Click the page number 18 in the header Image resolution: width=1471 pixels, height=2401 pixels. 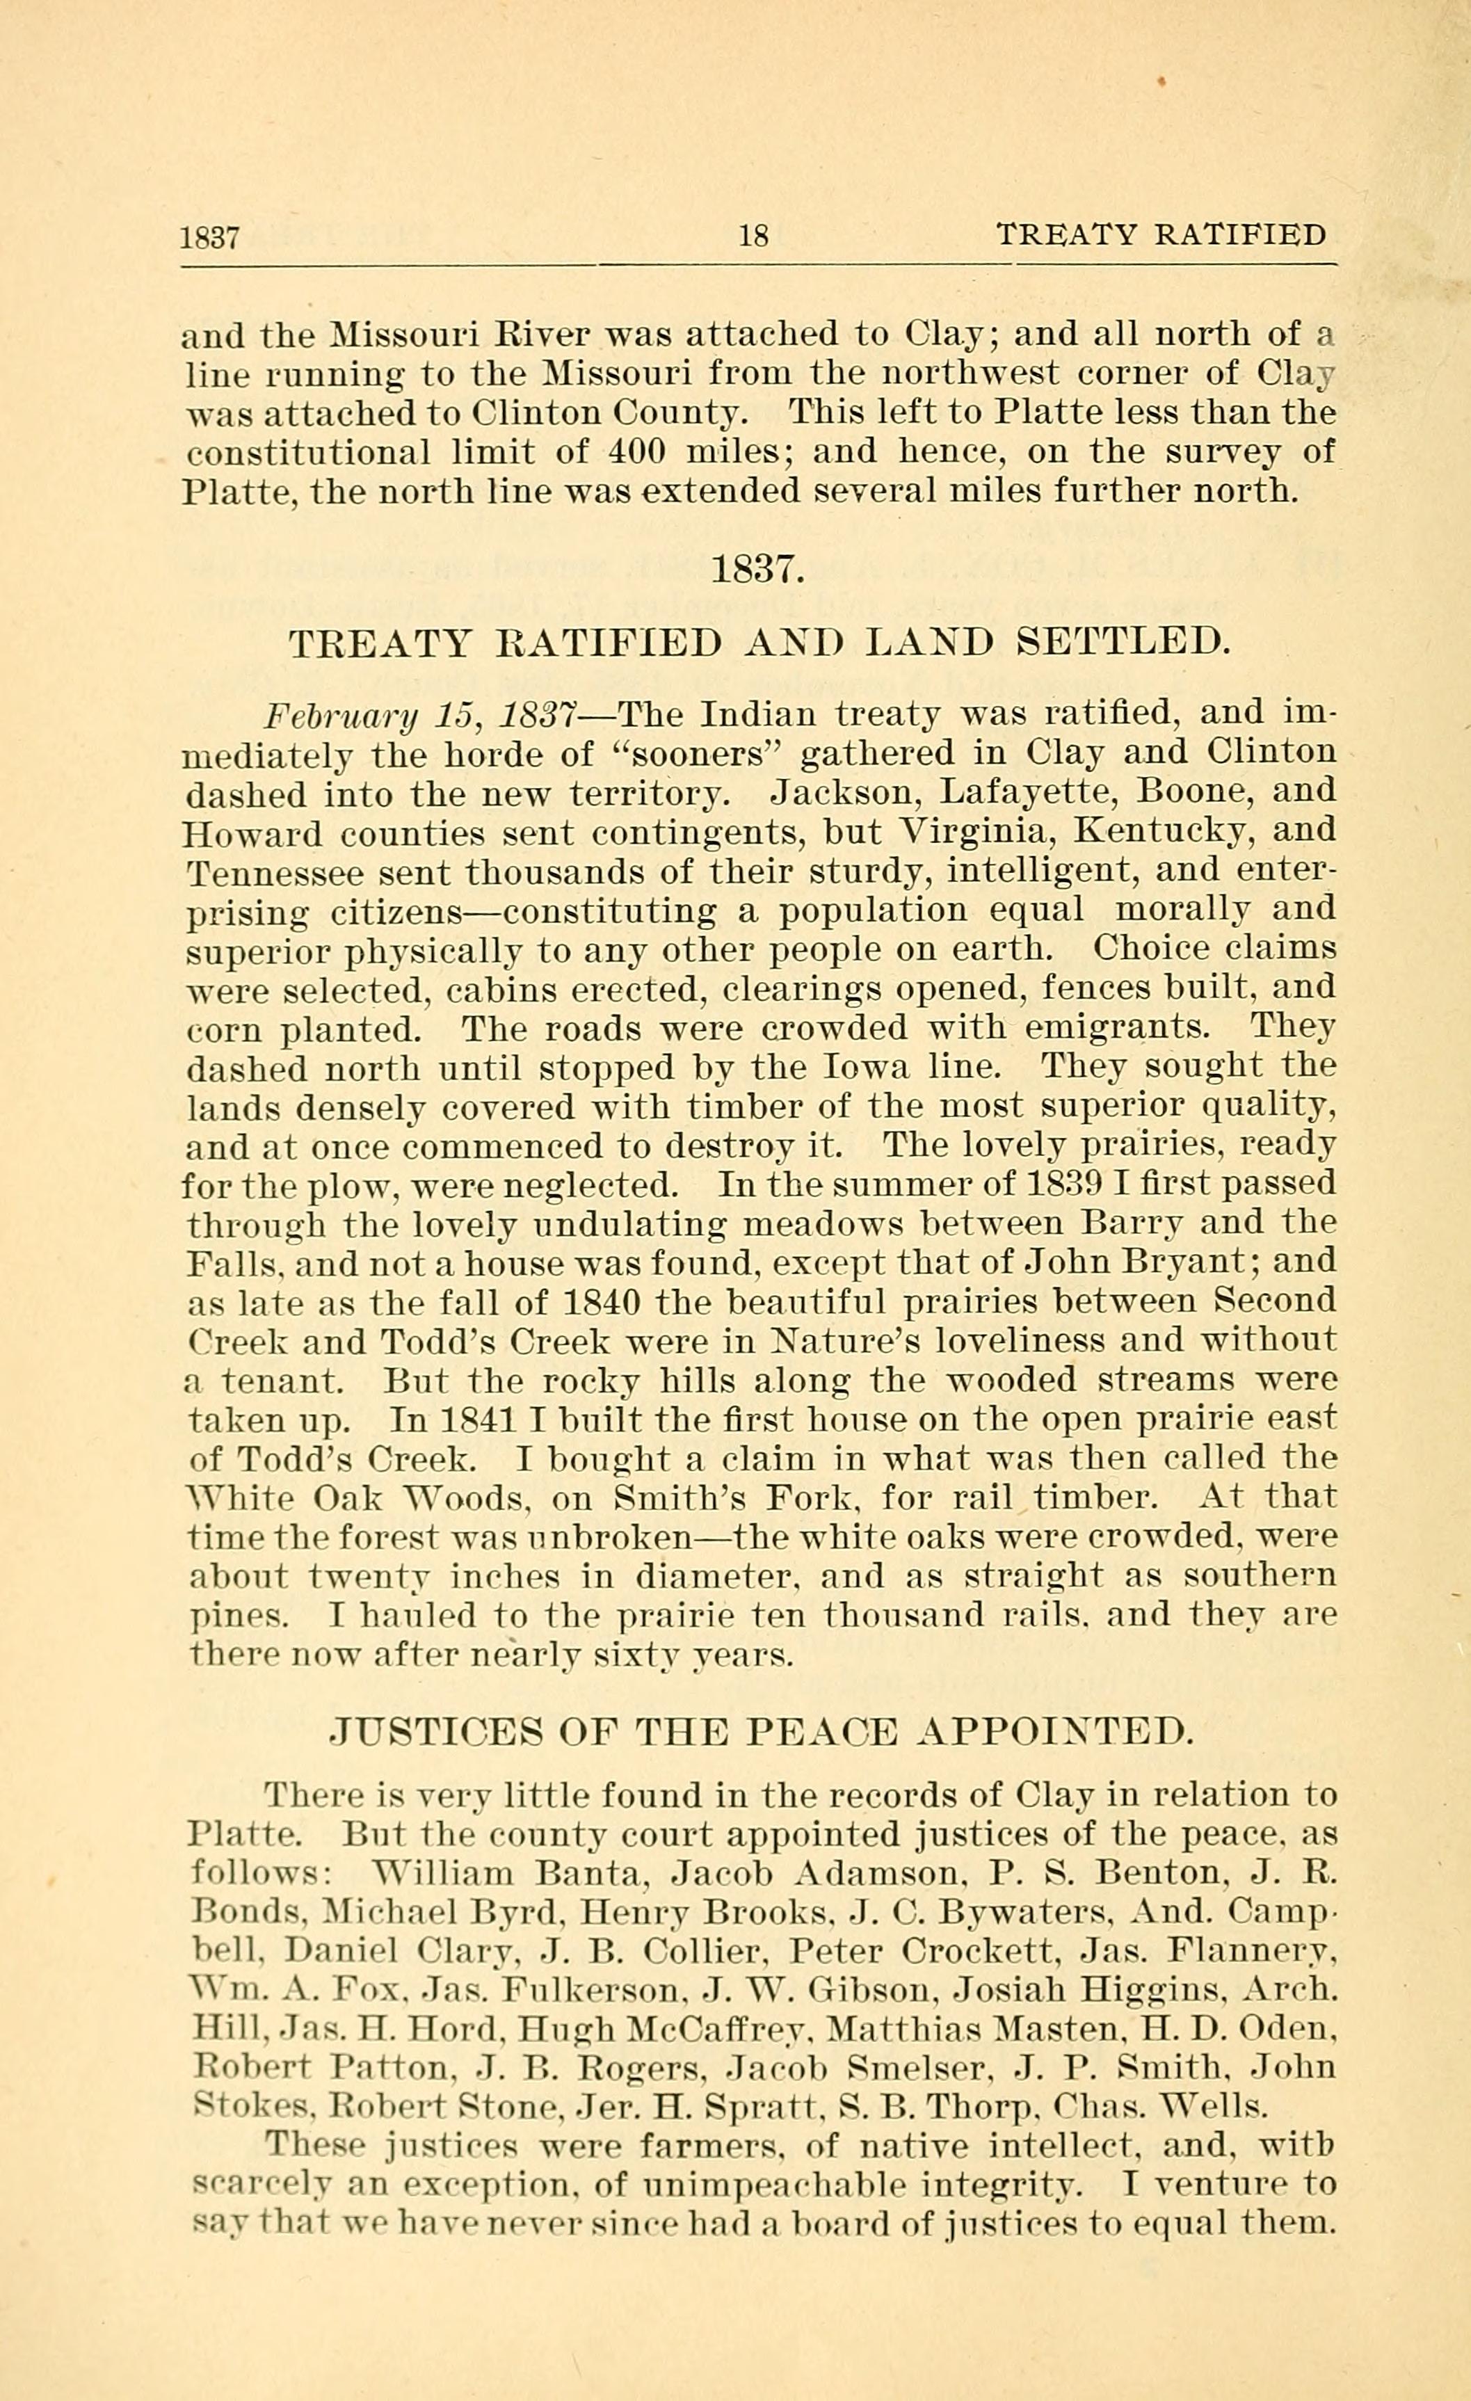[x=755, y=235]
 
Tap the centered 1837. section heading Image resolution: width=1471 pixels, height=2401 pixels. [x=759, y=569]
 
